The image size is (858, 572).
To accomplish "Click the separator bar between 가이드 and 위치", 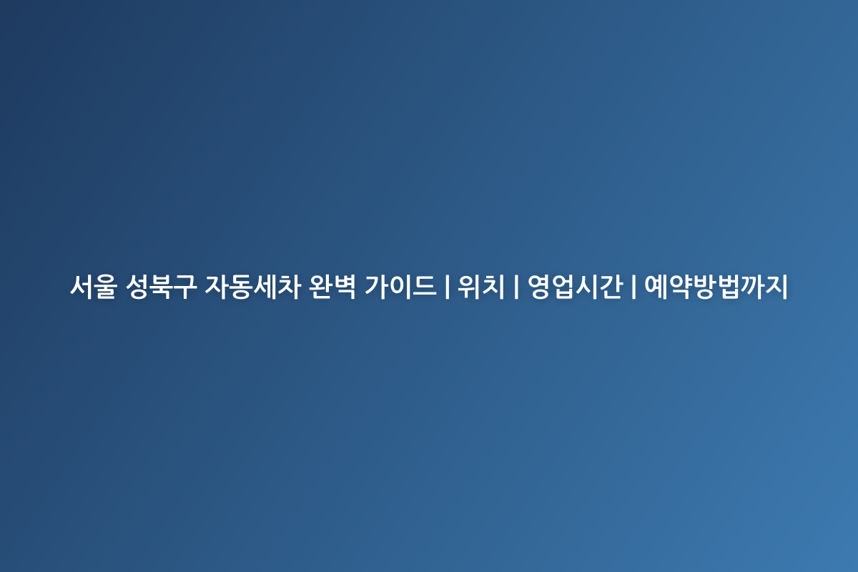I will pos(447,287).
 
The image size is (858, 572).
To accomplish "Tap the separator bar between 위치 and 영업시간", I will pos(516,287).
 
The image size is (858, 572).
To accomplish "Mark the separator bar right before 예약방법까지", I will pos(633,287).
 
